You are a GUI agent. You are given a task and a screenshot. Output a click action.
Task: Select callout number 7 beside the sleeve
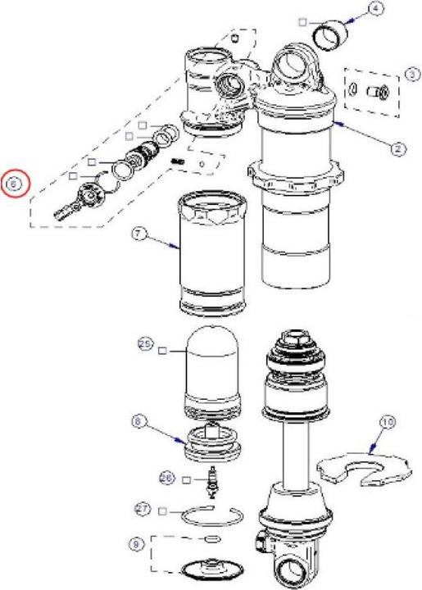pos(138,234)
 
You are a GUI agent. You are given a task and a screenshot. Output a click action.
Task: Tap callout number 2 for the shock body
pos(396,148)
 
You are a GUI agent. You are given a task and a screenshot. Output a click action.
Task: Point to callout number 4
pos(376,9)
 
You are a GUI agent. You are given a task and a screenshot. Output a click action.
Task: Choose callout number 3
pos(411,75)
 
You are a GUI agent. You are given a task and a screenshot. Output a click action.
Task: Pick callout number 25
pos(145,346)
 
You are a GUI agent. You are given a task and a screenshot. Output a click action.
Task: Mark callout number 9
pos(137,542)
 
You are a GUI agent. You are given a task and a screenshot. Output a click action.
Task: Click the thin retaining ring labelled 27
pos(210,518)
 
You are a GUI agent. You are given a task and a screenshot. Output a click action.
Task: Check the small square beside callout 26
pos(187,478)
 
